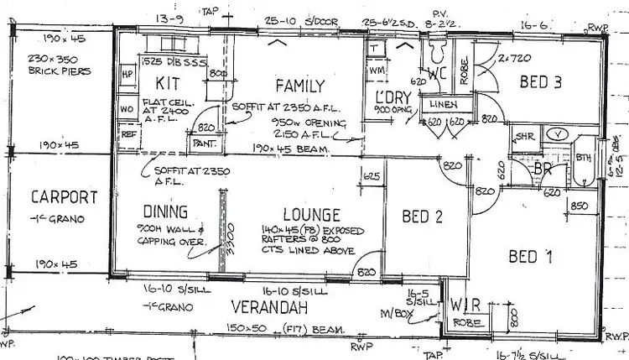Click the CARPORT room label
coord(64,198)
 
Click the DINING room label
coord(164,212)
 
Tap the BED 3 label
coord(540,81)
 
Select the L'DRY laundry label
coord(392,97)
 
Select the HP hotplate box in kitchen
coord(127,73)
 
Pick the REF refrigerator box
coord(128,133)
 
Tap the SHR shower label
coord(525,135)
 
